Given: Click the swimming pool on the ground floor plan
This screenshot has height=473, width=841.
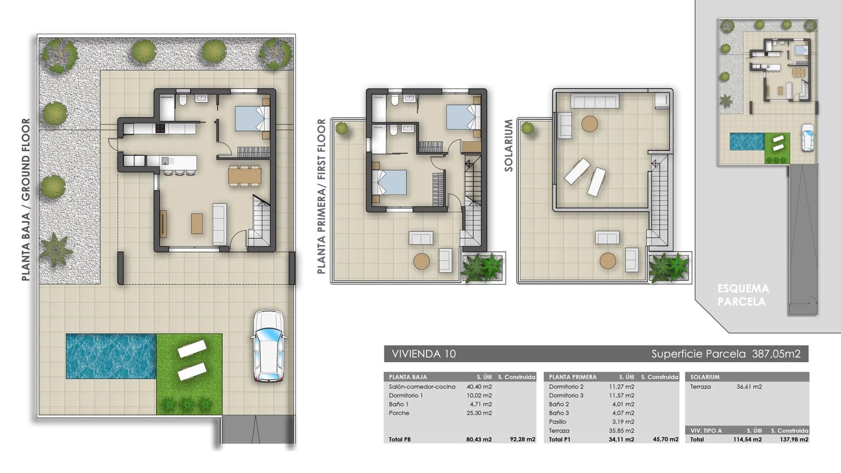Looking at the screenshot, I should click(111, 356).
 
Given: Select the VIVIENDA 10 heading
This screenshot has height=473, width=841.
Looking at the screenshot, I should click(424, 354).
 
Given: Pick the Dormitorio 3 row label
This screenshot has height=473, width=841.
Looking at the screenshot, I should click(566, 395).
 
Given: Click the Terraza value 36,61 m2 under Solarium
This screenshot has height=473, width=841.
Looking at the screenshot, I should click(748, 387).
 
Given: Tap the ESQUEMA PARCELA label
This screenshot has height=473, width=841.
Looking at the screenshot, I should click(743, 295).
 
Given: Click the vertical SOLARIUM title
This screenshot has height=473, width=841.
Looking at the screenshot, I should click(508, 145).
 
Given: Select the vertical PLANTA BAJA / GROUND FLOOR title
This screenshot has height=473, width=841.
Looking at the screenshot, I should click(26, 200).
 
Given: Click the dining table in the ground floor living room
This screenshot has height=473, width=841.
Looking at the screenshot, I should click(244, 175).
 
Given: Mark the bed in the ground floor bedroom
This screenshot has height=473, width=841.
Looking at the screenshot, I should click(251, 118).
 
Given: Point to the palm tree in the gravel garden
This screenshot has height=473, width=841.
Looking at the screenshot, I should click(55, 249).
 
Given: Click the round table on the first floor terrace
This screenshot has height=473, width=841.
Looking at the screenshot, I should click(421, 261).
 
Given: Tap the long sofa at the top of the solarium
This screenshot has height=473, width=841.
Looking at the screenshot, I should click(594, 101).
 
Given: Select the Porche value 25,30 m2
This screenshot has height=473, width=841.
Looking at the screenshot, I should click(479, 413).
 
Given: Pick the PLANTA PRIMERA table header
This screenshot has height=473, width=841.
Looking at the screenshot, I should click(572, 377).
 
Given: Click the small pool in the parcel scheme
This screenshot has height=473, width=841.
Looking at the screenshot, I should click(746, 141).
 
